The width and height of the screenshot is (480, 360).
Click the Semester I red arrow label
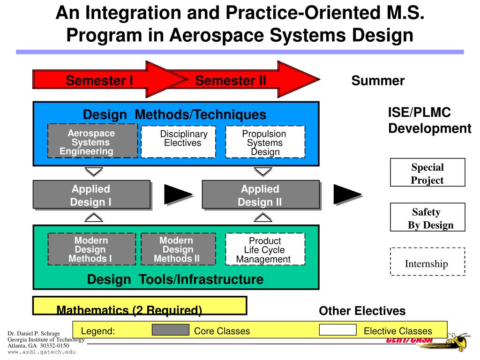99,81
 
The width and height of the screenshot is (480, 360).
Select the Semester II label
231,81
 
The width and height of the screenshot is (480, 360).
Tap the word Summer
378,81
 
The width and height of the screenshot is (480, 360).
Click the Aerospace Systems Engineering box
92,141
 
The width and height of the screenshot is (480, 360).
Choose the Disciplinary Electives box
179,141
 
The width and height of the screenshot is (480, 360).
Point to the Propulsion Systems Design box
265,142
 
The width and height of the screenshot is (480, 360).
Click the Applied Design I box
91,195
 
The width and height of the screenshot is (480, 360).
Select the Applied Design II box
261,195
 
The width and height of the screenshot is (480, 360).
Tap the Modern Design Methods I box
91,249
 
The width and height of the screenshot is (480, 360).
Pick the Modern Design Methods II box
178,249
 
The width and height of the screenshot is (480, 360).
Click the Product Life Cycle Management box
265,249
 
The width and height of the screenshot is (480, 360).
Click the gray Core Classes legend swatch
171,330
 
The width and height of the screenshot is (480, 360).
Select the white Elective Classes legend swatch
337,330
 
